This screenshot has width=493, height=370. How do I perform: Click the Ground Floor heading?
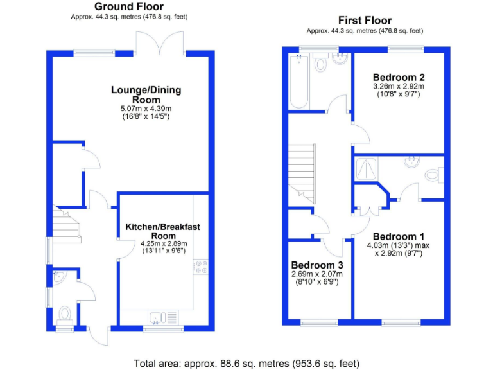128,6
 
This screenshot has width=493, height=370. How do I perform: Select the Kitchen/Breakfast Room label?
163,231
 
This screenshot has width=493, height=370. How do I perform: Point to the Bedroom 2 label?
399,76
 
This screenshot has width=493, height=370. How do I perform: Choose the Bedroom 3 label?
317,265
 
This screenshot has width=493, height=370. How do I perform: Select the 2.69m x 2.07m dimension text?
317,274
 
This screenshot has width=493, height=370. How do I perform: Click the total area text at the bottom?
246,363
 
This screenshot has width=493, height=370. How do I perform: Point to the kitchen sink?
163,317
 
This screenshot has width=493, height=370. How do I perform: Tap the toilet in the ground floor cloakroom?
64,314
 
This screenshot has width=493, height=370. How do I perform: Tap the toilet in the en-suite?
435,175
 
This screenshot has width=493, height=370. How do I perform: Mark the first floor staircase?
302,170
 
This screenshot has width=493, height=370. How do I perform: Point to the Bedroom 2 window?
406,48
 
